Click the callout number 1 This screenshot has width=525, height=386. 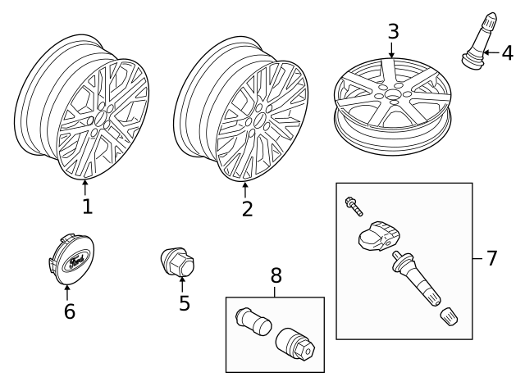click(x=86, y=206)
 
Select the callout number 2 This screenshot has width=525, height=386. click(x=247, y=208)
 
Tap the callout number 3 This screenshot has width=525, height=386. click(x=393, y=32)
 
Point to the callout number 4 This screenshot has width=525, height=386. click(x=507, y=53)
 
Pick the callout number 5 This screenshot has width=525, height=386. click(x=184, y=302)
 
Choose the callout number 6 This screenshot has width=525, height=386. click(x=69, y=311)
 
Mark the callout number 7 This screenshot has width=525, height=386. click(x=491, y=258)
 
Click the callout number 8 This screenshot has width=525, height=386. click(x=275, y=276)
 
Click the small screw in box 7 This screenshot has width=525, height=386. click(x=353, y=204)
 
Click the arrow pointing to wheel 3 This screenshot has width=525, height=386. click(x=392, y=52)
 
